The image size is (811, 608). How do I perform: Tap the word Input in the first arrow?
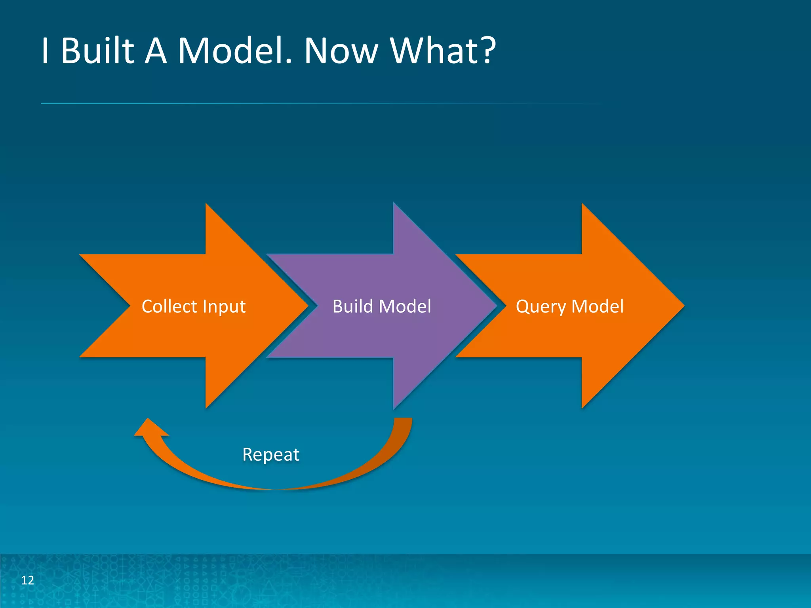click(224, 306)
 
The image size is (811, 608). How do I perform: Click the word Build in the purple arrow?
click(352, 306)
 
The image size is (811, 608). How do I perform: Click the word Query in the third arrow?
click(541, 306)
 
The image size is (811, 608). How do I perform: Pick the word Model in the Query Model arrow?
click(598, 306)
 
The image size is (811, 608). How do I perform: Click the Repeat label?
click(270, 454)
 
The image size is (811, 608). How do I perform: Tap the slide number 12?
click(27, 580)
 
